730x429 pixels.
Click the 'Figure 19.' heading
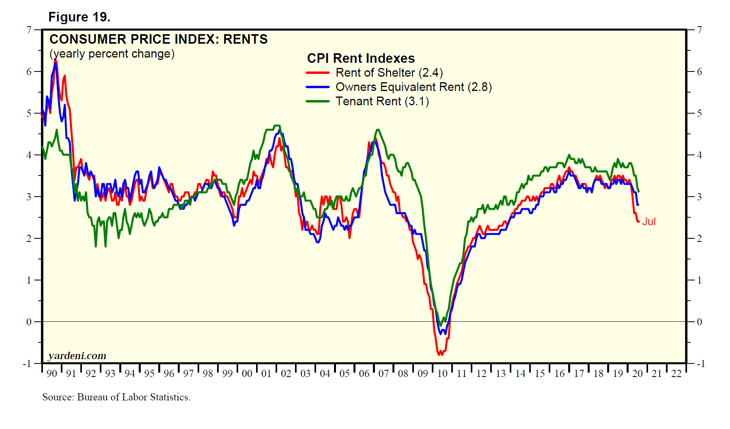click(79, 17)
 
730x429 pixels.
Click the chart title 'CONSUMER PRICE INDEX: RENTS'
click(158, 39)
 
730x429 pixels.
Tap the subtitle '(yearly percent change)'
click(112, 54)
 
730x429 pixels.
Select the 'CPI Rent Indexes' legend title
click(361, 58)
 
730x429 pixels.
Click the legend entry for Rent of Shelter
click(389, 73)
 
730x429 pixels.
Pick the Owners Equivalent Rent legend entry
click(414, 87)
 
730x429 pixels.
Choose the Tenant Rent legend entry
click(382, 101)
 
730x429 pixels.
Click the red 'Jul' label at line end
click(649, 222)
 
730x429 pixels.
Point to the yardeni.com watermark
click(77, 356)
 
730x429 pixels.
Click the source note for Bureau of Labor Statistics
click(116, 397)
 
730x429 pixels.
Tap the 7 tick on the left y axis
click(29, 30)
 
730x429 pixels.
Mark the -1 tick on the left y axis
click(27, 363)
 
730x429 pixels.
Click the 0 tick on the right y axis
click(699, 322)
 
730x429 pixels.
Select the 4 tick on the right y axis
click(699, 155)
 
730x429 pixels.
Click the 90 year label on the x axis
click(52, 373)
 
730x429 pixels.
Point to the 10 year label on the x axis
click(442, 373)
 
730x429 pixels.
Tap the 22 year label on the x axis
click(676, 373)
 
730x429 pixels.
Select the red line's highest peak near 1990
click(55, 60)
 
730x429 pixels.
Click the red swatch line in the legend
click(317, 73)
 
